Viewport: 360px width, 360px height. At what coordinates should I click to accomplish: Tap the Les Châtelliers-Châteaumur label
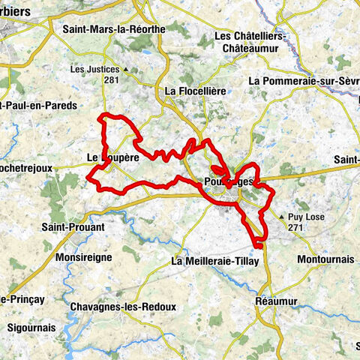(x=249, y=41)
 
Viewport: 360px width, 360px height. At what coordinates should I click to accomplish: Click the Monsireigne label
(x=83, y=256)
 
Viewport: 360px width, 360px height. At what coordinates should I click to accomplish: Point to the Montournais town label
(x=325, y=258)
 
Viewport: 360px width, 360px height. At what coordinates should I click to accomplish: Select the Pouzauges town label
(x=226, y=182)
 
